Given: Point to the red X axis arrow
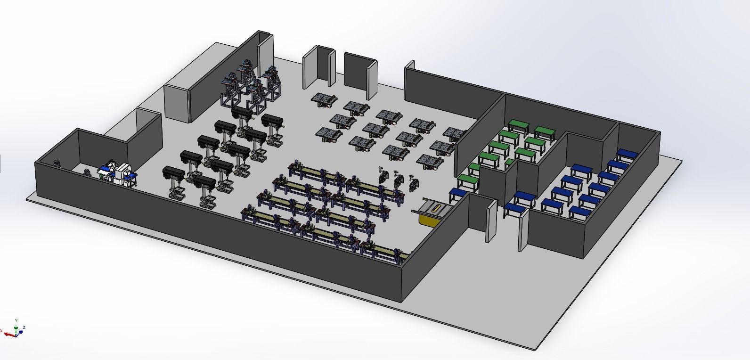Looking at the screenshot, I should pos(8,334).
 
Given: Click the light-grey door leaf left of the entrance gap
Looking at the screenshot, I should pos(491,221).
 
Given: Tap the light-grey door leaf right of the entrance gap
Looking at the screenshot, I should pos(523,231).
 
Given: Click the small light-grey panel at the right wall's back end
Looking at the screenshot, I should pos(410,66).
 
